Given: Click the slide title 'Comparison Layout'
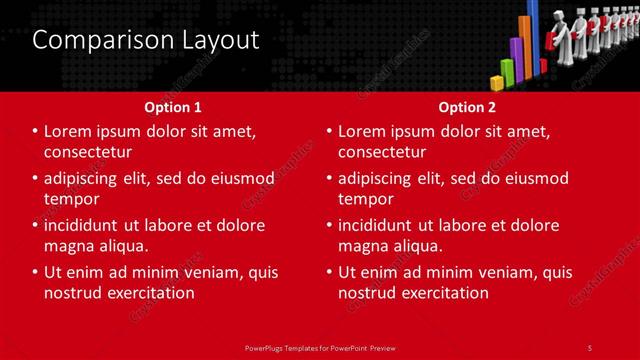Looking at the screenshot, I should pyautogui.click(x=146, y=40).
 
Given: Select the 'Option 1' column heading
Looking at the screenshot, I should pyautogui.click(x=173, y=106).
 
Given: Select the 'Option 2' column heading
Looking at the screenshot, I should pyautogui.click(x=467, y=106).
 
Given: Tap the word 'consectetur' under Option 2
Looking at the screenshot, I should pyautogui.click(x=382, y=152).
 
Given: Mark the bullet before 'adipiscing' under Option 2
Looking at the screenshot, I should pyautogui.click(x=330, y=178).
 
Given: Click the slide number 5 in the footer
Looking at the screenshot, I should pyautogui.click(x=589, y=347).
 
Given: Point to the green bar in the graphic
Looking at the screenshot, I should pyautogui.click(x=508, y=71).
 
